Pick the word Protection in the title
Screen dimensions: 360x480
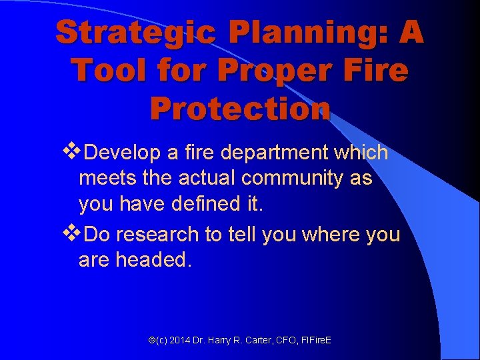240,108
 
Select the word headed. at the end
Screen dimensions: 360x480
154,260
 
